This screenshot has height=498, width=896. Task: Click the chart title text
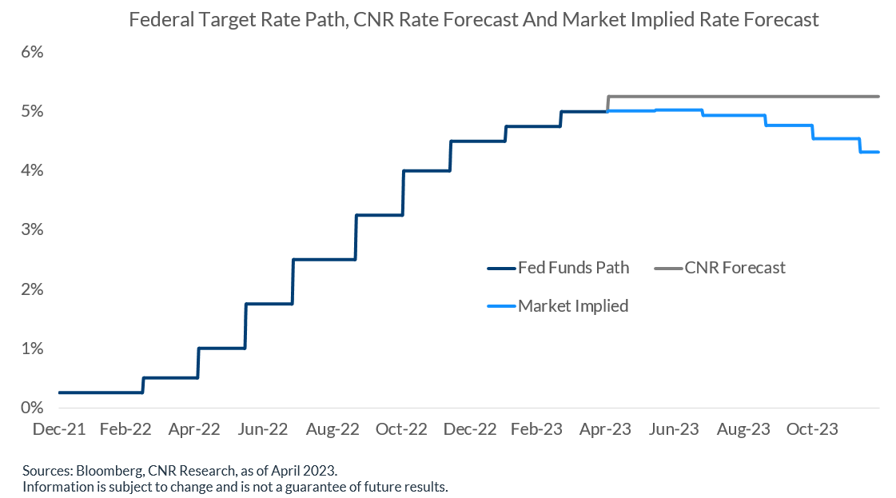[x=474, y=19]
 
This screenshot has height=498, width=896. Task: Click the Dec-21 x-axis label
[x=58, y=429]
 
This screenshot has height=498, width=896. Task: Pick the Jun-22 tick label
[x=265, y=429]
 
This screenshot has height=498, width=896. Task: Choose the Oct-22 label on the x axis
[x=401, y=429]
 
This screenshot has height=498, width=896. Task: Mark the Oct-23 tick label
[x=812, y=429]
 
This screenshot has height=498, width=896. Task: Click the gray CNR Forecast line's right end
[x=878, y=97]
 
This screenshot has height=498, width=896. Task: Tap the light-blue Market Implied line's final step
[x=870, y=152]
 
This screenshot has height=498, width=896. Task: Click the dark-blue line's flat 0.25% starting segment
[x=100, y=392]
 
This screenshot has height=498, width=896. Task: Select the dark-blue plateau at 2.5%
[x=324, y=260]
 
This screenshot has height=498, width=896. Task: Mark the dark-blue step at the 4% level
[x=427, y=170]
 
